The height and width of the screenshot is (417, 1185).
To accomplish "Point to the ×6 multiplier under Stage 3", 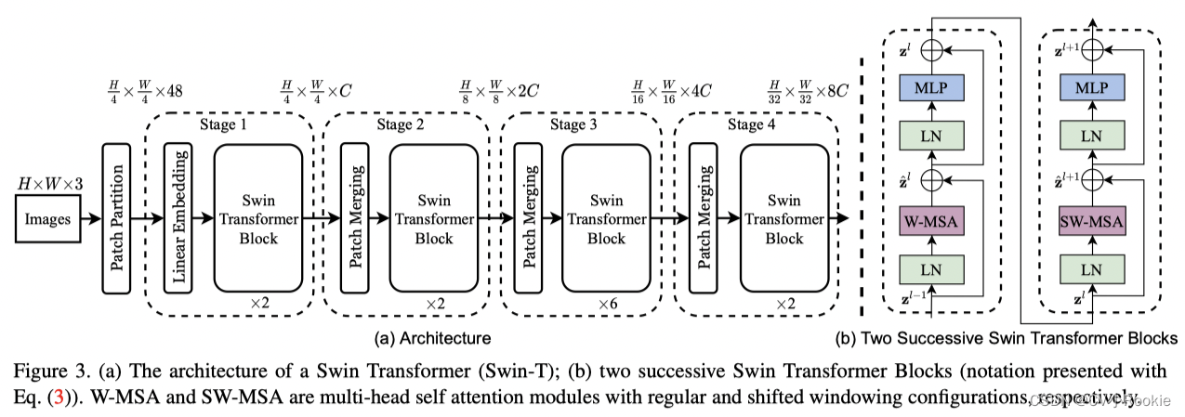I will tap(608, 304).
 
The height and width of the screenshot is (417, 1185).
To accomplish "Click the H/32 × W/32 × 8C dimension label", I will tap(810, 91).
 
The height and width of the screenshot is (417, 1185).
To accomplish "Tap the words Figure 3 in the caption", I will tap(46, 371).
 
